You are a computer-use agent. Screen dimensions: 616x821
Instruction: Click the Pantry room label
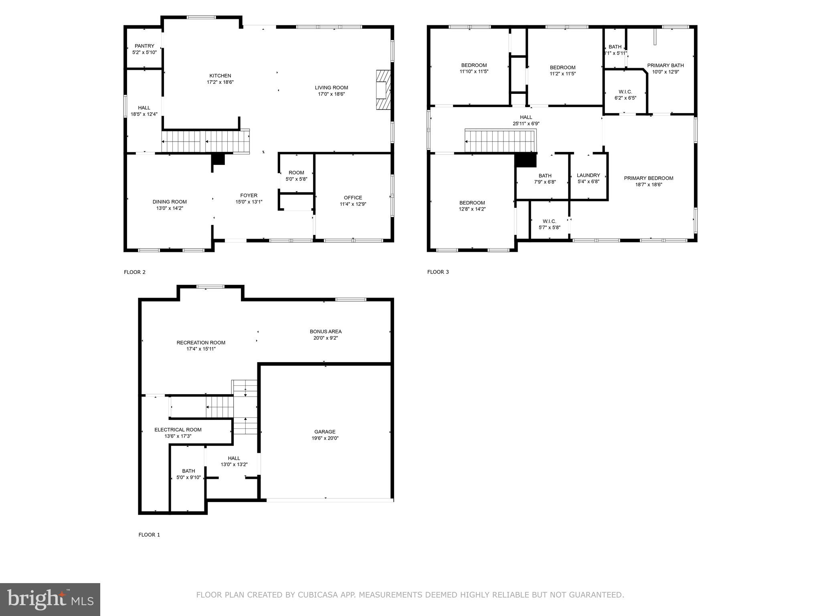click(x=144, y=46)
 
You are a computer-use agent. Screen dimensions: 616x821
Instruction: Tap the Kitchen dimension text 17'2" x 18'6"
click(x=220, y=82)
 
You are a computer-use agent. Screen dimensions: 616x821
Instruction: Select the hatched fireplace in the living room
click(x=383, y=90)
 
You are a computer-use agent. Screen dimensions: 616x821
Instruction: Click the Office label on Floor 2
click(x=353, y=198)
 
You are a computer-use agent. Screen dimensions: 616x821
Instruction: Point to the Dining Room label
click(x=170, y=202)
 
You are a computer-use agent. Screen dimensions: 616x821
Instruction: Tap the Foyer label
click(x=249, y=196)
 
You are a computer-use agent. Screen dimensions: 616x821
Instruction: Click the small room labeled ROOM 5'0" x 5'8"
click(x=296, y=176)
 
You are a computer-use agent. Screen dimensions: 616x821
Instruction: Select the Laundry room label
click(x=588, y=175)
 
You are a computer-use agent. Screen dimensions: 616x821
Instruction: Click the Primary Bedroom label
click(x=648, y=178)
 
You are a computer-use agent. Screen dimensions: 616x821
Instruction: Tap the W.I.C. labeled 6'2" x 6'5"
click(x=625, y=95)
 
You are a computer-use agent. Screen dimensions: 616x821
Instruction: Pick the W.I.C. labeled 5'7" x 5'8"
click(x=549, y=224)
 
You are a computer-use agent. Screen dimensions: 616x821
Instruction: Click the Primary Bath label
click(x=665, y=65)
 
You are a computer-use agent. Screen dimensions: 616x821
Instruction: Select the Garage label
click(x=325, y=432)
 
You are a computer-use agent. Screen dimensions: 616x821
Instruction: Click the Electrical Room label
click(x=178, y=430)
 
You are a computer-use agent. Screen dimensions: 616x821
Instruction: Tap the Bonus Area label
click(x=326, y=332)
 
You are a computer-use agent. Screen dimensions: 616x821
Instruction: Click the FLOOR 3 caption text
click(x=438, y=272)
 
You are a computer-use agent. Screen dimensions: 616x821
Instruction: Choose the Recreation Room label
click(x=201, y=342)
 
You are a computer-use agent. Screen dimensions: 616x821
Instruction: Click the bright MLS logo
click(x=50, y=600)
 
